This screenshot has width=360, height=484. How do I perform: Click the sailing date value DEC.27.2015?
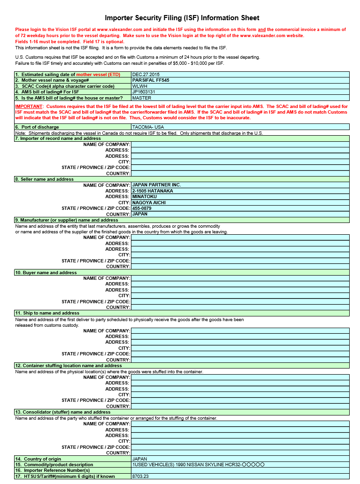(x=146, y=74)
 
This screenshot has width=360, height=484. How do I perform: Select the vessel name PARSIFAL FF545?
(x=151, y=80)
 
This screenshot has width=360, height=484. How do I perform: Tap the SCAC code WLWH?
(x=139, y=86)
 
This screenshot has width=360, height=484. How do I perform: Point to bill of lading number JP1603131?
(x=144, y=92)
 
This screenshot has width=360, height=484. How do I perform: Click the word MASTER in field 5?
(x=142, y=98)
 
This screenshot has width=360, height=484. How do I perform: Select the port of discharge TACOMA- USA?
(x=148, y=127)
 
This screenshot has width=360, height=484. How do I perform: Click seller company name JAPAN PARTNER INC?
(x=156, y=185)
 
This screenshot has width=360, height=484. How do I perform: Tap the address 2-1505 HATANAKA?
(x=153, y=191)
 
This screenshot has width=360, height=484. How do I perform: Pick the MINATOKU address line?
(x=145, y=197)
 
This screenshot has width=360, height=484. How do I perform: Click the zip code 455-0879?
(x=142, y=208)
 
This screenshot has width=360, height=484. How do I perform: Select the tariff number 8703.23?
(x=140, y=476)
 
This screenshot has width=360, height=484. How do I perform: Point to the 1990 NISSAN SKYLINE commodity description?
(x=199, y=465)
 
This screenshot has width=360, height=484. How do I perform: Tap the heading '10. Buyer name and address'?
(x=46, y=273)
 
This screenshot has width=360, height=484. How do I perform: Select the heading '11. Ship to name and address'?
(x=47, y=313)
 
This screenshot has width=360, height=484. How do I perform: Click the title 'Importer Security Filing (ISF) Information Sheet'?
(x=182, y=18)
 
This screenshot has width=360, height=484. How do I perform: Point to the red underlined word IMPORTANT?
(x=28, y=107)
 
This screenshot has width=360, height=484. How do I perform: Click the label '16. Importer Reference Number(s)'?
(x=52, y=470)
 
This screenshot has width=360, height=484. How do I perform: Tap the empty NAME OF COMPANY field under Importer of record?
(x=240, y=145)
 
